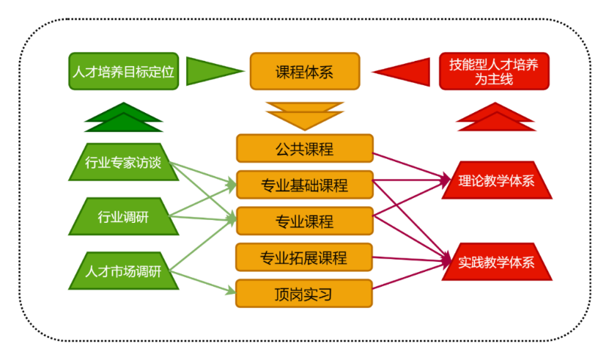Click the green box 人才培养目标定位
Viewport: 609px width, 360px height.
coord(123,71)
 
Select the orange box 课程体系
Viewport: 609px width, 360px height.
coord(304,71)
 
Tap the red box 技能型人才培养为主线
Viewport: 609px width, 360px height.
coord(493,71)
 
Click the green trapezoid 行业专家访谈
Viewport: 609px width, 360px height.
coord(123,162)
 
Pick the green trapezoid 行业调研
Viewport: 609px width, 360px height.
coord(123,217)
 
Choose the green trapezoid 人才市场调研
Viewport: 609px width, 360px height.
coord(123,271)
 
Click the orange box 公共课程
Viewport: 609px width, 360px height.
coord(304,149)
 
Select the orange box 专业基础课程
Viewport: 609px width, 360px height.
coord(304,185)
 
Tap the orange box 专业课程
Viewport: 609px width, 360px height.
coord(304,221)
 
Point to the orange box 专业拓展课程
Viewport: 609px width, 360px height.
coord(304,257)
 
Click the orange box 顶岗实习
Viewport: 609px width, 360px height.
coord(304,294)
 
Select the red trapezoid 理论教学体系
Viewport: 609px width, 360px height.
coord(496,180)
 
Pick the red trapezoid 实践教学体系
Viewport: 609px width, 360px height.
coord(496,262)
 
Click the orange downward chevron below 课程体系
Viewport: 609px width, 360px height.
coord(304,116)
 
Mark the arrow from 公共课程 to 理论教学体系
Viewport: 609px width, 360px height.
coord(410,165)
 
